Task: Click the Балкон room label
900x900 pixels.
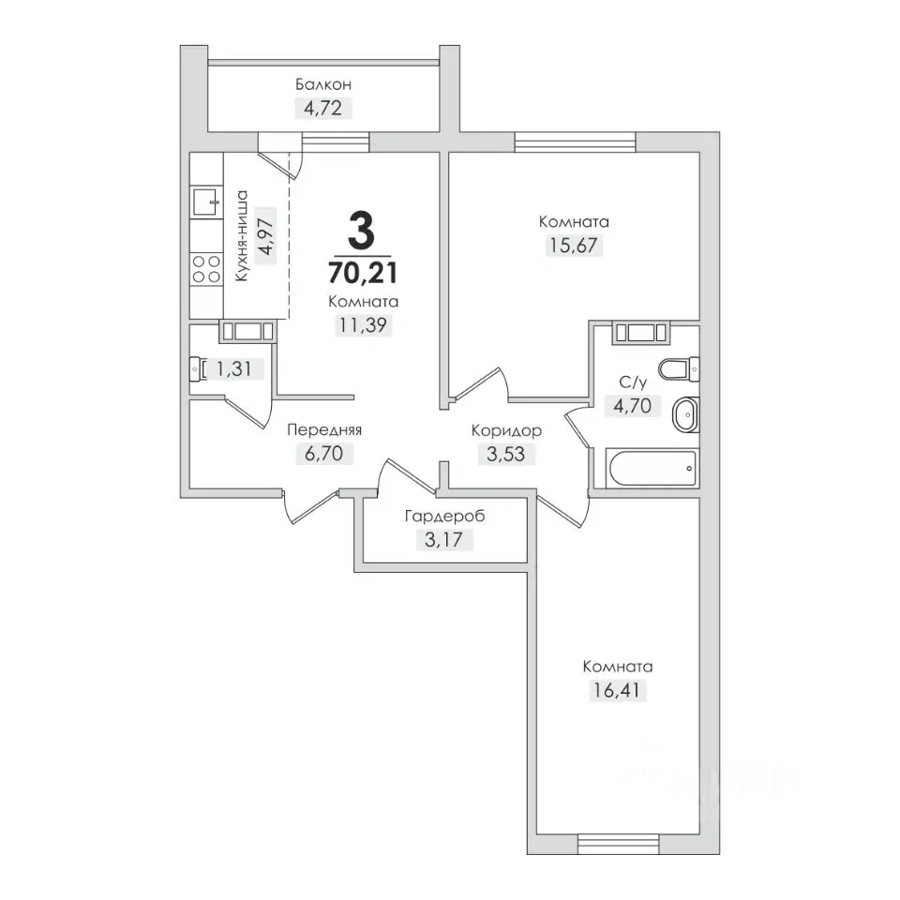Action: [x=323, y=85]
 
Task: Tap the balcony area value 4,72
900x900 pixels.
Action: [x=323, y=108]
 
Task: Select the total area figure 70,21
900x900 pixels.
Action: [x=363, y=272]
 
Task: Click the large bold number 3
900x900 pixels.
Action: [x=362, y=231]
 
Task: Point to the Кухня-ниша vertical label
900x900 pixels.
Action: [x=242, y=235]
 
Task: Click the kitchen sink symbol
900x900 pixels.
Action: [x=206, y=202]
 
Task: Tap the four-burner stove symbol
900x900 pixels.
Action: [x=206, y=269]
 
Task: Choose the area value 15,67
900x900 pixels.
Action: [x=574, y=245]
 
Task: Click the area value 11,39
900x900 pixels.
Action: [x=363, y=325]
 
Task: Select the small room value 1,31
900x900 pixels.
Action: [x=233, y=368]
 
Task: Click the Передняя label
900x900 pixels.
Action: [x=324, y=430]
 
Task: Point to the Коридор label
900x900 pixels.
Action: [x=506, y=430]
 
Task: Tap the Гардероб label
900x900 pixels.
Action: [x=444, y=516]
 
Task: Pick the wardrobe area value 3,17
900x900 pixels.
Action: [x=443, y=540]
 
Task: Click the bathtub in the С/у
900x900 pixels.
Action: [x=652, y=468]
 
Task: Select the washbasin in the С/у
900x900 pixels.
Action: [x=685, y=413]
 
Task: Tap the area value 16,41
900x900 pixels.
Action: [x=618, y=690]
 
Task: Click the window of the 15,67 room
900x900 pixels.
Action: [x=575, y=142]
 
